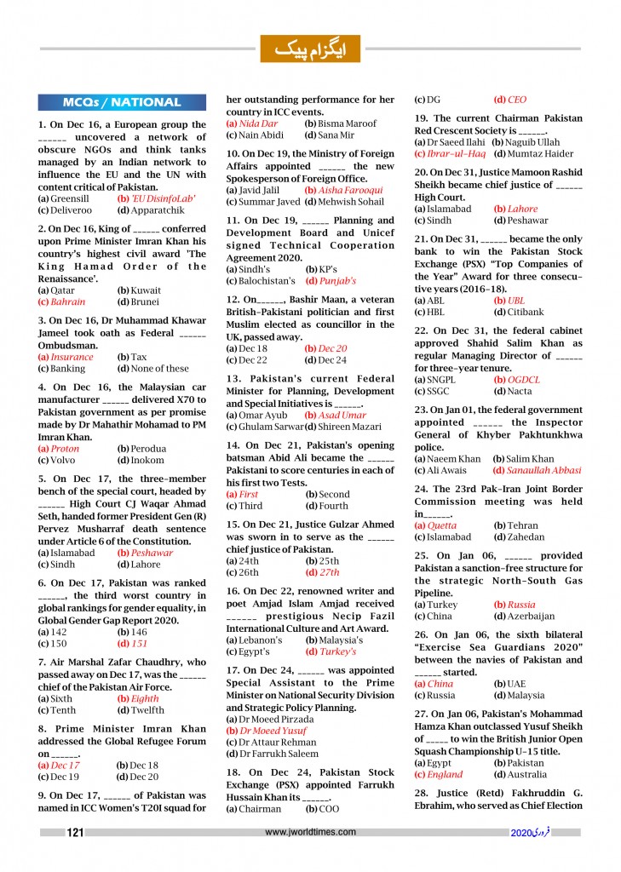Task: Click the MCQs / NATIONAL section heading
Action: click(122, 103)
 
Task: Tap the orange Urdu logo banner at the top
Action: click(310, 49)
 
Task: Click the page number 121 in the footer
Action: click(75, 833)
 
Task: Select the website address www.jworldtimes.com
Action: click(310, 832)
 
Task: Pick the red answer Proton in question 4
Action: click(64, 449)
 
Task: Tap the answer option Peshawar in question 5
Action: click(152, 553)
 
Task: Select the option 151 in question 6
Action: click(138, 644)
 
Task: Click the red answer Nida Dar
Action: click(246, 123)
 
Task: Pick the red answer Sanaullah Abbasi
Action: click(543, 470)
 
